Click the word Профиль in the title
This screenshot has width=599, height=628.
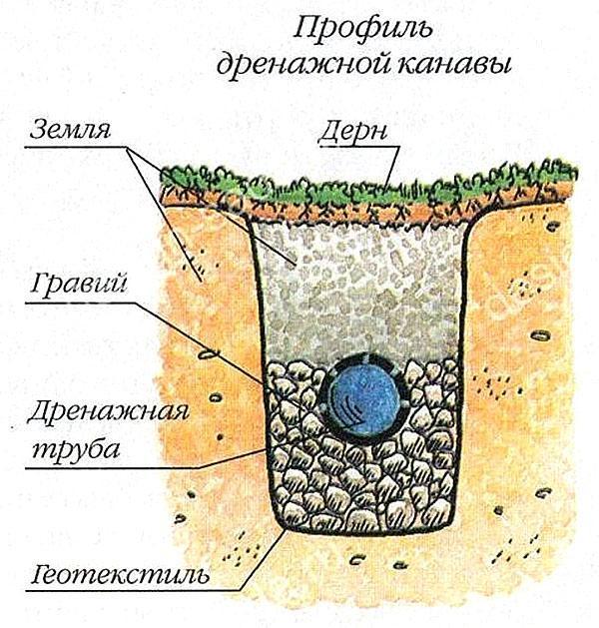pos(363,29)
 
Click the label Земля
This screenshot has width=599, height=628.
pos(70,129)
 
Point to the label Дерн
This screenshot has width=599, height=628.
pos(352,131)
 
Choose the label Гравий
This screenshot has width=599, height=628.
pos(79,284)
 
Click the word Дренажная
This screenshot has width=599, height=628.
pos(108,411)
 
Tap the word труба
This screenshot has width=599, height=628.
pos(76,447)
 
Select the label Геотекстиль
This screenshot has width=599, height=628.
pos(120,575)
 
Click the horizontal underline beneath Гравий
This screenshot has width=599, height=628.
pos(81,304)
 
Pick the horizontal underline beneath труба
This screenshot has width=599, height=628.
pos(112,467)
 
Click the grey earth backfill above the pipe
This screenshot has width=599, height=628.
pos(360,289)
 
